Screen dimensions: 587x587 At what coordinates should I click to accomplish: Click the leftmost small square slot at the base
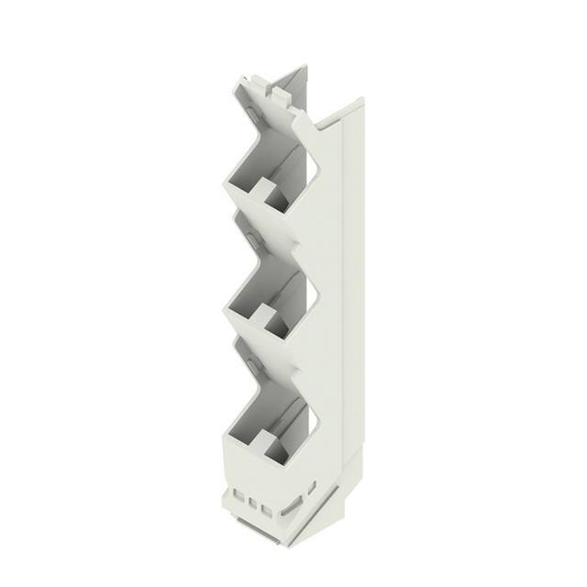pos(239,500)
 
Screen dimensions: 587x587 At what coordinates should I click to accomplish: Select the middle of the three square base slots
pos(253,504)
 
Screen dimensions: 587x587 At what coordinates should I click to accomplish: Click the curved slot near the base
pos(291,508)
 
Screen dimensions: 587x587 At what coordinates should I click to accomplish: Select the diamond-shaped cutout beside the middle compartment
pos(311,293)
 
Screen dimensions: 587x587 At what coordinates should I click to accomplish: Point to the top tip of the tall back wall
pos(304,66)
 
